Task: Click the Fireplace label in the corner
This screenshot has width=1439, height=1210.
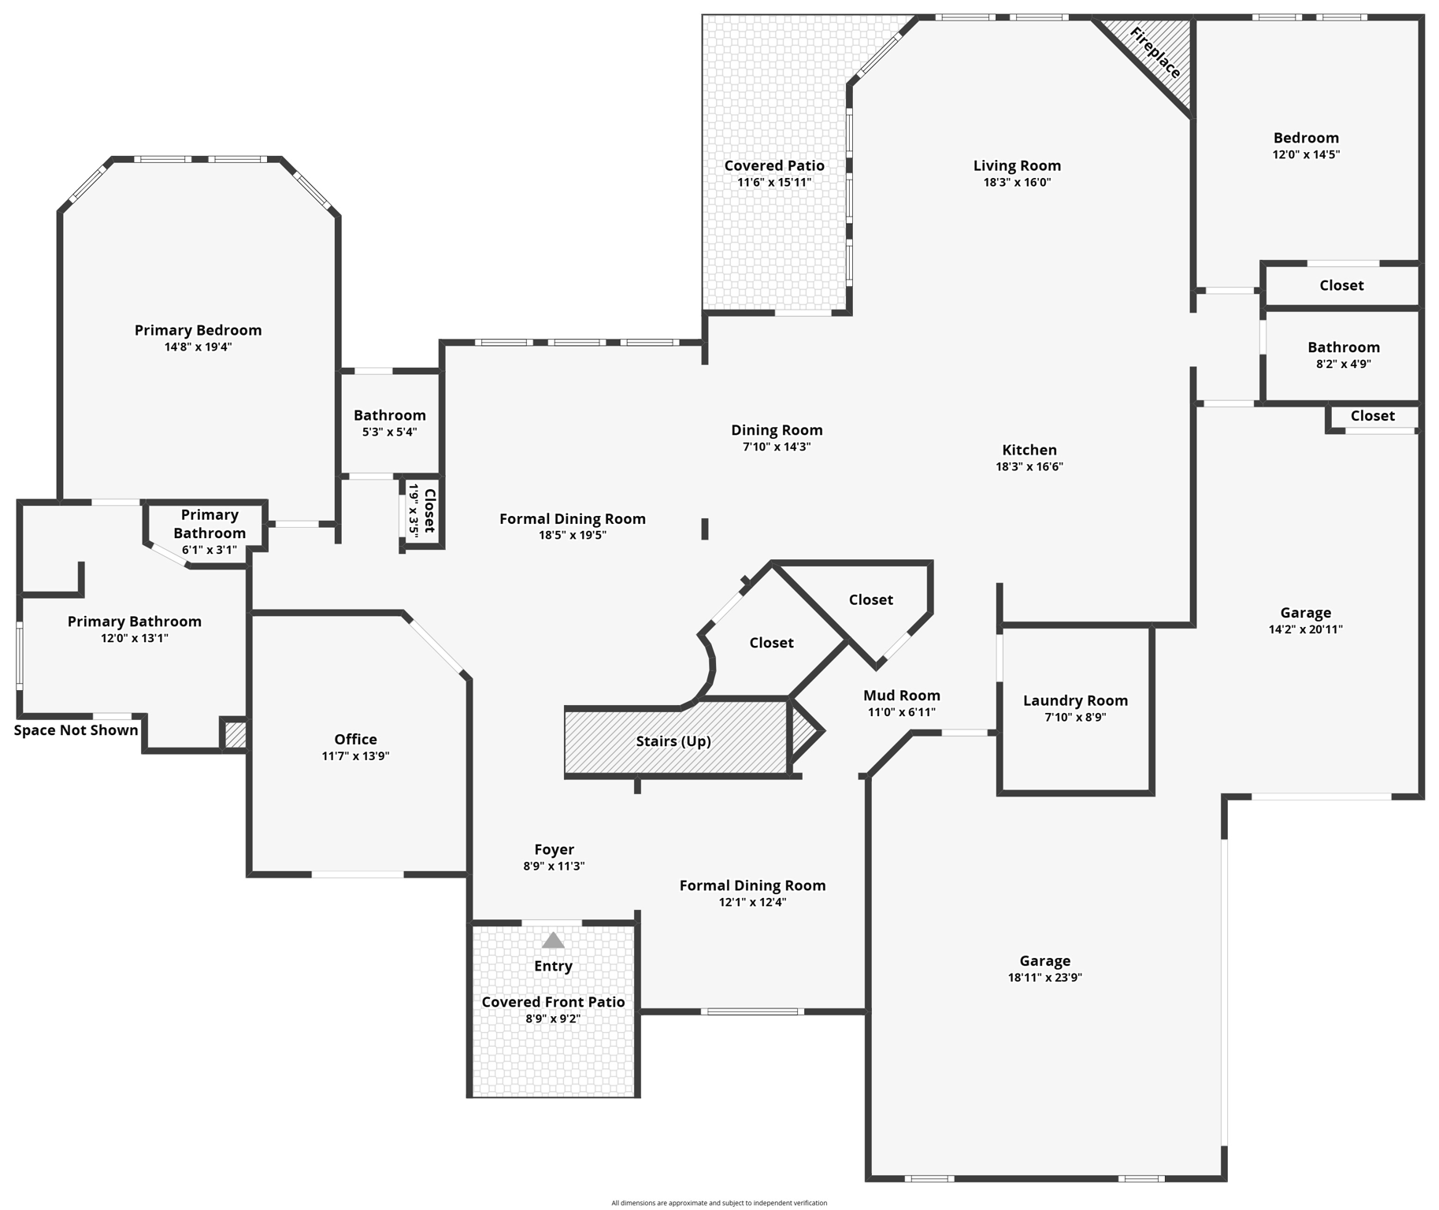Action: [1155, 53]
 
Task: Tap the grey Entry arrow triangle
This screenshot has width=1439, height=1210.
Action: [553, 940]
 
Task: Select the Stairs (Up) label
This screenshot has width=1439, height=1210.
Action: [673, 741]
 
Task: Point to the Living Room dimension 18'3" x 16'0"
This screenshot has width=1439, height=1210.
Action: [1017, 182]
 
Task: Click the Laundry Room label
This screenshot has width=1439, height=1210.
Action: [1075, 700]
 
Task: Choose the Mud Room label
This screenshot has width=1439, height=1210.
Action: [901, 695]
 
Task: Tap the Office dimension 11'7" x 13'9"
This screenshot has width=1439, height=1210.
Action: [355, 756]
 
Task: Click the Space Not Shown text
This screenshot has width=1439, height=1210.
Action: [76, 730]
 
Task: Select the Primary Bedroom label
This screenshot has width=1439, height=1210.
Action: [198, 330]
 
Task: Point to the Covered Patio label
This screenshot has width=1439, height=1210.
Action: [774, 165]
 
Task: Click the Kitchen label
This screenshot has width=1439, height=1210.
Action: [1029, 450]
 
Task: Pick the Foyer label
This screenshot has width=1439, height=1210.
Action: [554, 849]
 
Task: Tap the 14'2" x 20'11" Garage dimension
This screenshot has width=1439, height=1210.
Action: [1305, 629]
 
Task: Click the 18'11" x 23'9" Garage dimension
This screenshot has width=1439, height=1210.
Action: [1044, 978]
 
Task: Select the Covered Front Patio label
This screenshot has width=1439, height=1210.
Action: [553, 1002]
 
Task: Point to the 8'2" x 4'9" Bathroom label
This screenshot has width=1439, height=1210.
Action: [1343, 347]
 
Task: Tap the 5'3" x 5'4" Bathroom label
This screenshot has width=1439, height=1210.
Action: [389, 415]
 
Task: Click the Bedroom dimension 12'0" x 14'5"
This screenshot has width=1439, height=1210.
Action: [1306, 154]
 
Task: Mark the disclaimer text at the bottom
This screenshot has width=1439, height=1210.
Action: [719, 1203]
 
